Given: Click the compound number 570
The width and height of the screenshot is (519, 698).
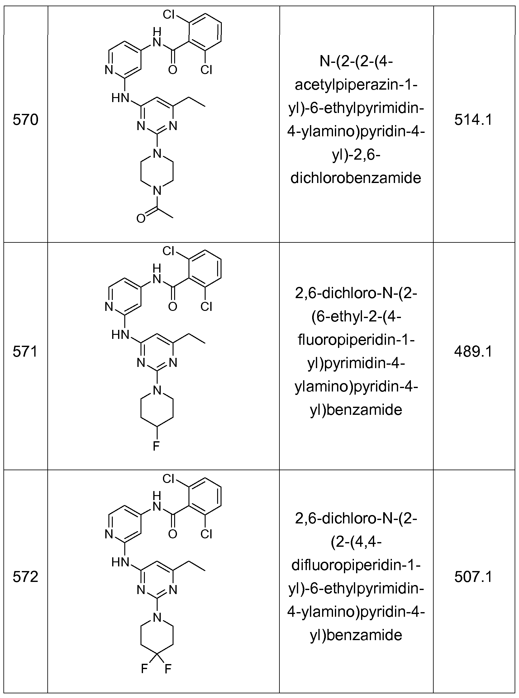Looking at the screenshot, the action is [x=26, y=120].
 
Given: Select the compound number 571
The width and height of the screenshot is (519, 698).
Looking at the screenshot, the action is [x=25, y=352].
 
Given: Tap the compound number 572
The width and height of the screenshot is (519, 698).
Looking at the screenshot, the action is [x=26, y=577].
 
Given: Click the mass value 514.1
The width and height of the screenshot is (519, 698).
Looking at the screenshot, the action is [x=474, y=120].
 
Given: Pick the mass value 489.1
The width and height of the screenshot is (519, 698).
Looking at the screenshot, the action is [x=474, y=352].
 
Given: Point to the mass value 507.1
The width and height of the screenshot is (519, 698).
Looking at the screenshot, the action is [x=474, y=577].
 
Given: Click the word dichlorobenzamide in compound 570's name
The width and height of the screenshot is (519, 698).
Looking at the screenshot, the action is [x=356, y=178].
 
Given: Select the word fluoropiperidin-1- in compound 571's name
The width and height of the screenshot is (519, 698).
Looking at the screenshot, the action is [x=356, y=340].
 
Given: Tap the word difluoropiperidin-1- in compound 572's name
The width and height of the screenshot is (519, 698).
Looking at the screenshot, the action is [x=356, y=565].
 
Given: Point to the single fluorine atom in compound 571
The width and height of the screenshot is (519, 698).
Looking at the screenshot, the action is [x=156, y=446].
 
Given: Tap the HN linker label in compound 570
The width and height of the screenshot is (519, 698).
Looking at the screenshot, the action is [x=121, y=98].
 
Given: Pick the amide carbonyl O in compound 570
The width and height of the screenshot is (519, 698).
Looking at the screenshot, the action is [x=173, y=70].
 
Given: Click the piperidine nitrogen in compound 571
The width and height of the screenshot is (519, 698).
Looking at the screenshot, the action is [x=157, y=390].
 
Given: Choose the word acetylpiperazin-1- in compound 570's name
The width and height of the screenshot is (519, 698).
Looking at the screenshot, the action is [x=356, y=85].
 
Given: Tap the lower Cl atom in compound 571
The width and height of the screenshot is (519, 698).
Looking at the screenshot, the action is [x=207, y=307].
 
